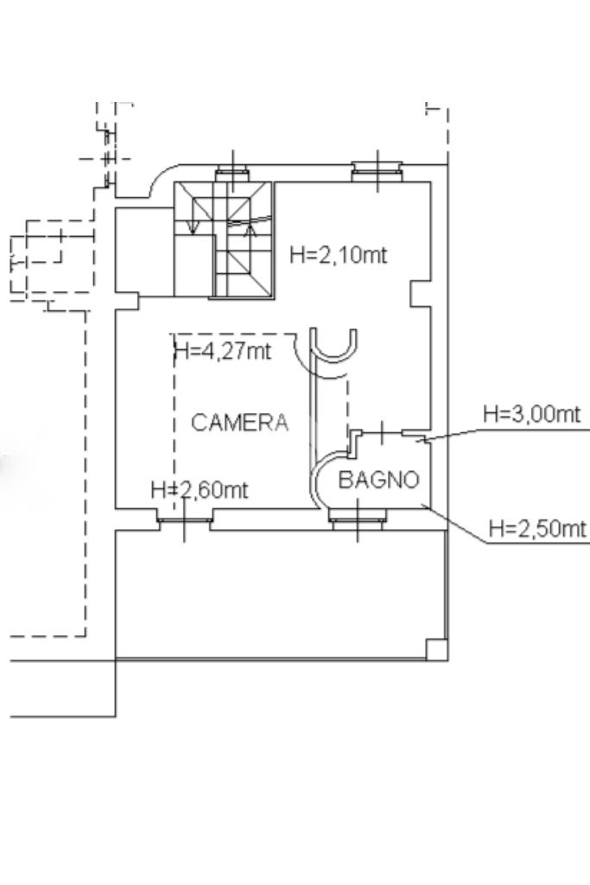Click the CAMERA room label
pos(240,422)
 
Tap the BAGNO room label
pos(379,480)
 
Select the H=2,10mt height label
pos(339,255)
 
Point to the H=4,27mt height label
pos(223,351)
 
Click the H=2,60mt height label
pos(200,489)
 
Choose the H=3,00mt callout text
pos(531,414)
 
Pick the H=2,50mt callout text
pos(537,529)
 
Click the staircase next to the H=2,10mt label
pos(223,239)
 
